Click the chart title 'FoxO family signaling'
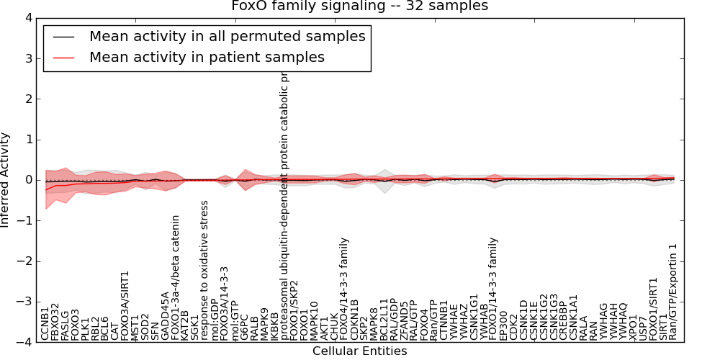359,6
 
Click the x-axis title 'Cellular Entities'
359,351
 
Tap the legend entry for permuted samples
227,37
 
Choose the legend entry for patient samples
207,58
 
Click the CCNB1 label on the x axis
45,323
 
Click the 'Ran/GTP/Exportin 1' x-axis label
672,292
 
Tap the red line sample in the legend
63,58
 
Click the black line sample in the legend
63,37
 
